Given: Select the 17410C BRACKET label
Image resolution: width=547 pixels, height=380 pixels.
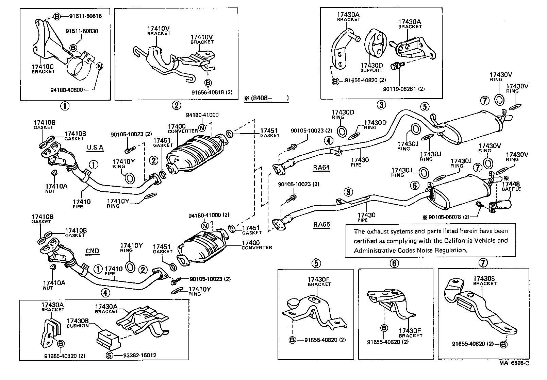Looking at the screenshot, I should [43, 69].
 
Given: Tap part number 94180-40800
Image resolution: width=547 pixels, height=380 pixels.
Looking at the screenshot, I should [66, 90].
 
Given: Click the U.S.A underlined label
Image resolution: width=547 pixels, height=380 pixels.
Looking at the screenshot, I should [95, 147].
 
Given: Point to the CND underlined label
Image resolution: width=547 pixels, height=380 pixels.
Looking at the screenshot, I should [92, 251].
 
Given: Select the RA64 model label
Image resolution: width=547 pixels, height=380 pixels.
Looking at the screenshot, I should [321, 167].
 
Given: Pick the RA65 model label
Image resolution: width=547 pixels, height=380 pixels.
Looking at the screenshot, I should [322, 224].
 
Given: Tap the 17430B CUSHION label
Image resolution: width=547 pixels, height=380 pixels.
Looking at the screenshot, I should [78, 323].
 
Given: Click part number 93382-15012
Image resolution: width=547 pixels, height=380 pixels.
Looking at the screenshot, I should [135, 355].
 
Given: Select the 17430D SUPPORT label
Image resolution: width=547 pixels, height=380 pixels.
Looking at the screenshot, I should [371, 67].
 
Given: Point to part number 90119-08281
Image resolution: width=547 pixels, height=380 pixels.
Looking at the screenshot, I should [403, 89].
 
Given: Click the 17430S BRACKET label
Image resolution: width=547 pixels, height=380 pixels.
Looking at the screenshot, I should [484, 280].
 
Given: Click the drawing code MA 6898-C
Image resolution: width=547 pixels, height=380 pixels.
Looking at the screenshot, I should [514, 372].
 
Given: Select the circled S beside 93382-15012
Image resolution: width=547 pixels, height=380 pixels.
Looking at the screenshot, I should [109, 356].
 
